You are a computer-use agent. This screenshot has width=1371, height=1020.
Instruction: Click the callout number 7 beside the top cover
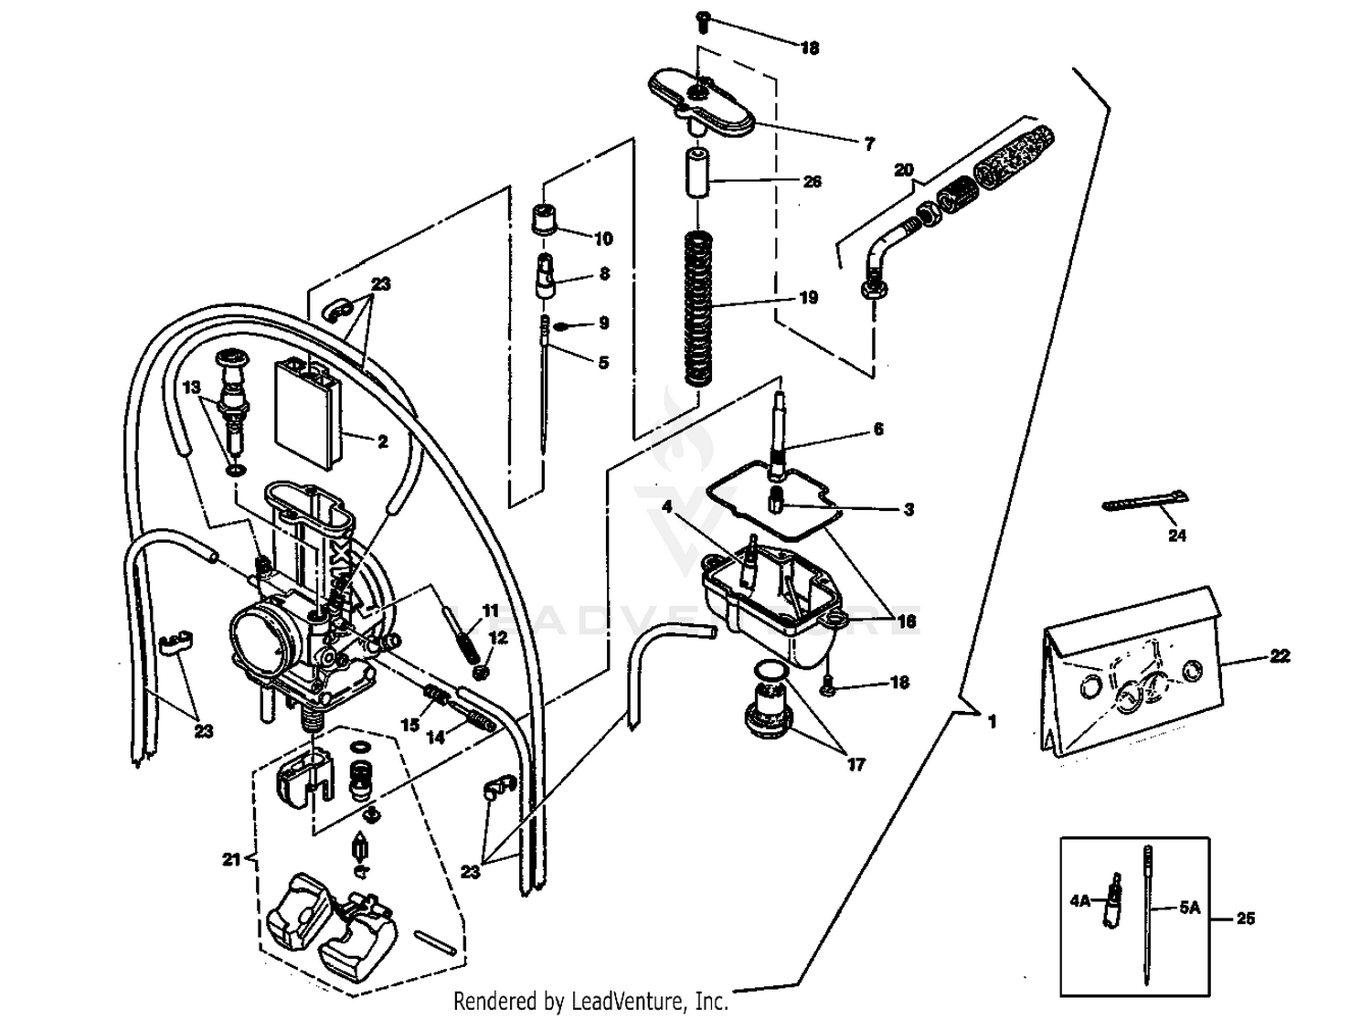click(x=868, y=143)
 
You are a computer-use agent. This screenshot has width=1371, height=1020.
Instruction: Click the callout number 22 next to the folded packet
click(x=1280, y=656)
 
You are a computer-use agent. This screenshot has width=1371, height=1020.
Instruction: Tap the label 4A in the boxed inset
click(x=1079, y=900)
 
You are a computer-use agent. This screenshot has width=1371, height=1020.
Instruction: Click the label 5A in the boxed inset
click(x=1188, y=908)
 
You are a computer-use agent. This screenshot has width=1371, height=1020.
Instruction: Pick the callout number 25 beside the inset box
click(x=1245, y=919)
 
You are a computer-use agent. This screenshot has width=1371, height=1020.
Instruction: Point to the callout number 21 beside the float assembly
click(x=231, y=859)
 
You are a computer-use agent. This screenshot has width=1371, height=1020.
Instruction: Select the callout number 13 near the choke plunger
click(x=191, y=388)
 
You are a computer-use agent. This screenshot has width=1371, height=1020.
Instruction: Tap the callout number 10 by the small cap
click(x=602, y=239)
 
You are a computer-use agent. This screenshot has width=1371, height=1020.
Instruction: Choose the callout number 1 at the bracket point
click(x=992, y=721)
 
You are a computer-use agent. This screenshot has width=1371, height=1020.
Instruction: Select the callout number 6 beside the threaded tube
click(x=878, y=429)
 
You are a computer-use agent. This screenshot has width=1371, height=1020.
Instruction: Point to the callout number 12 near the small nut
click(x=498, y=637)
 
